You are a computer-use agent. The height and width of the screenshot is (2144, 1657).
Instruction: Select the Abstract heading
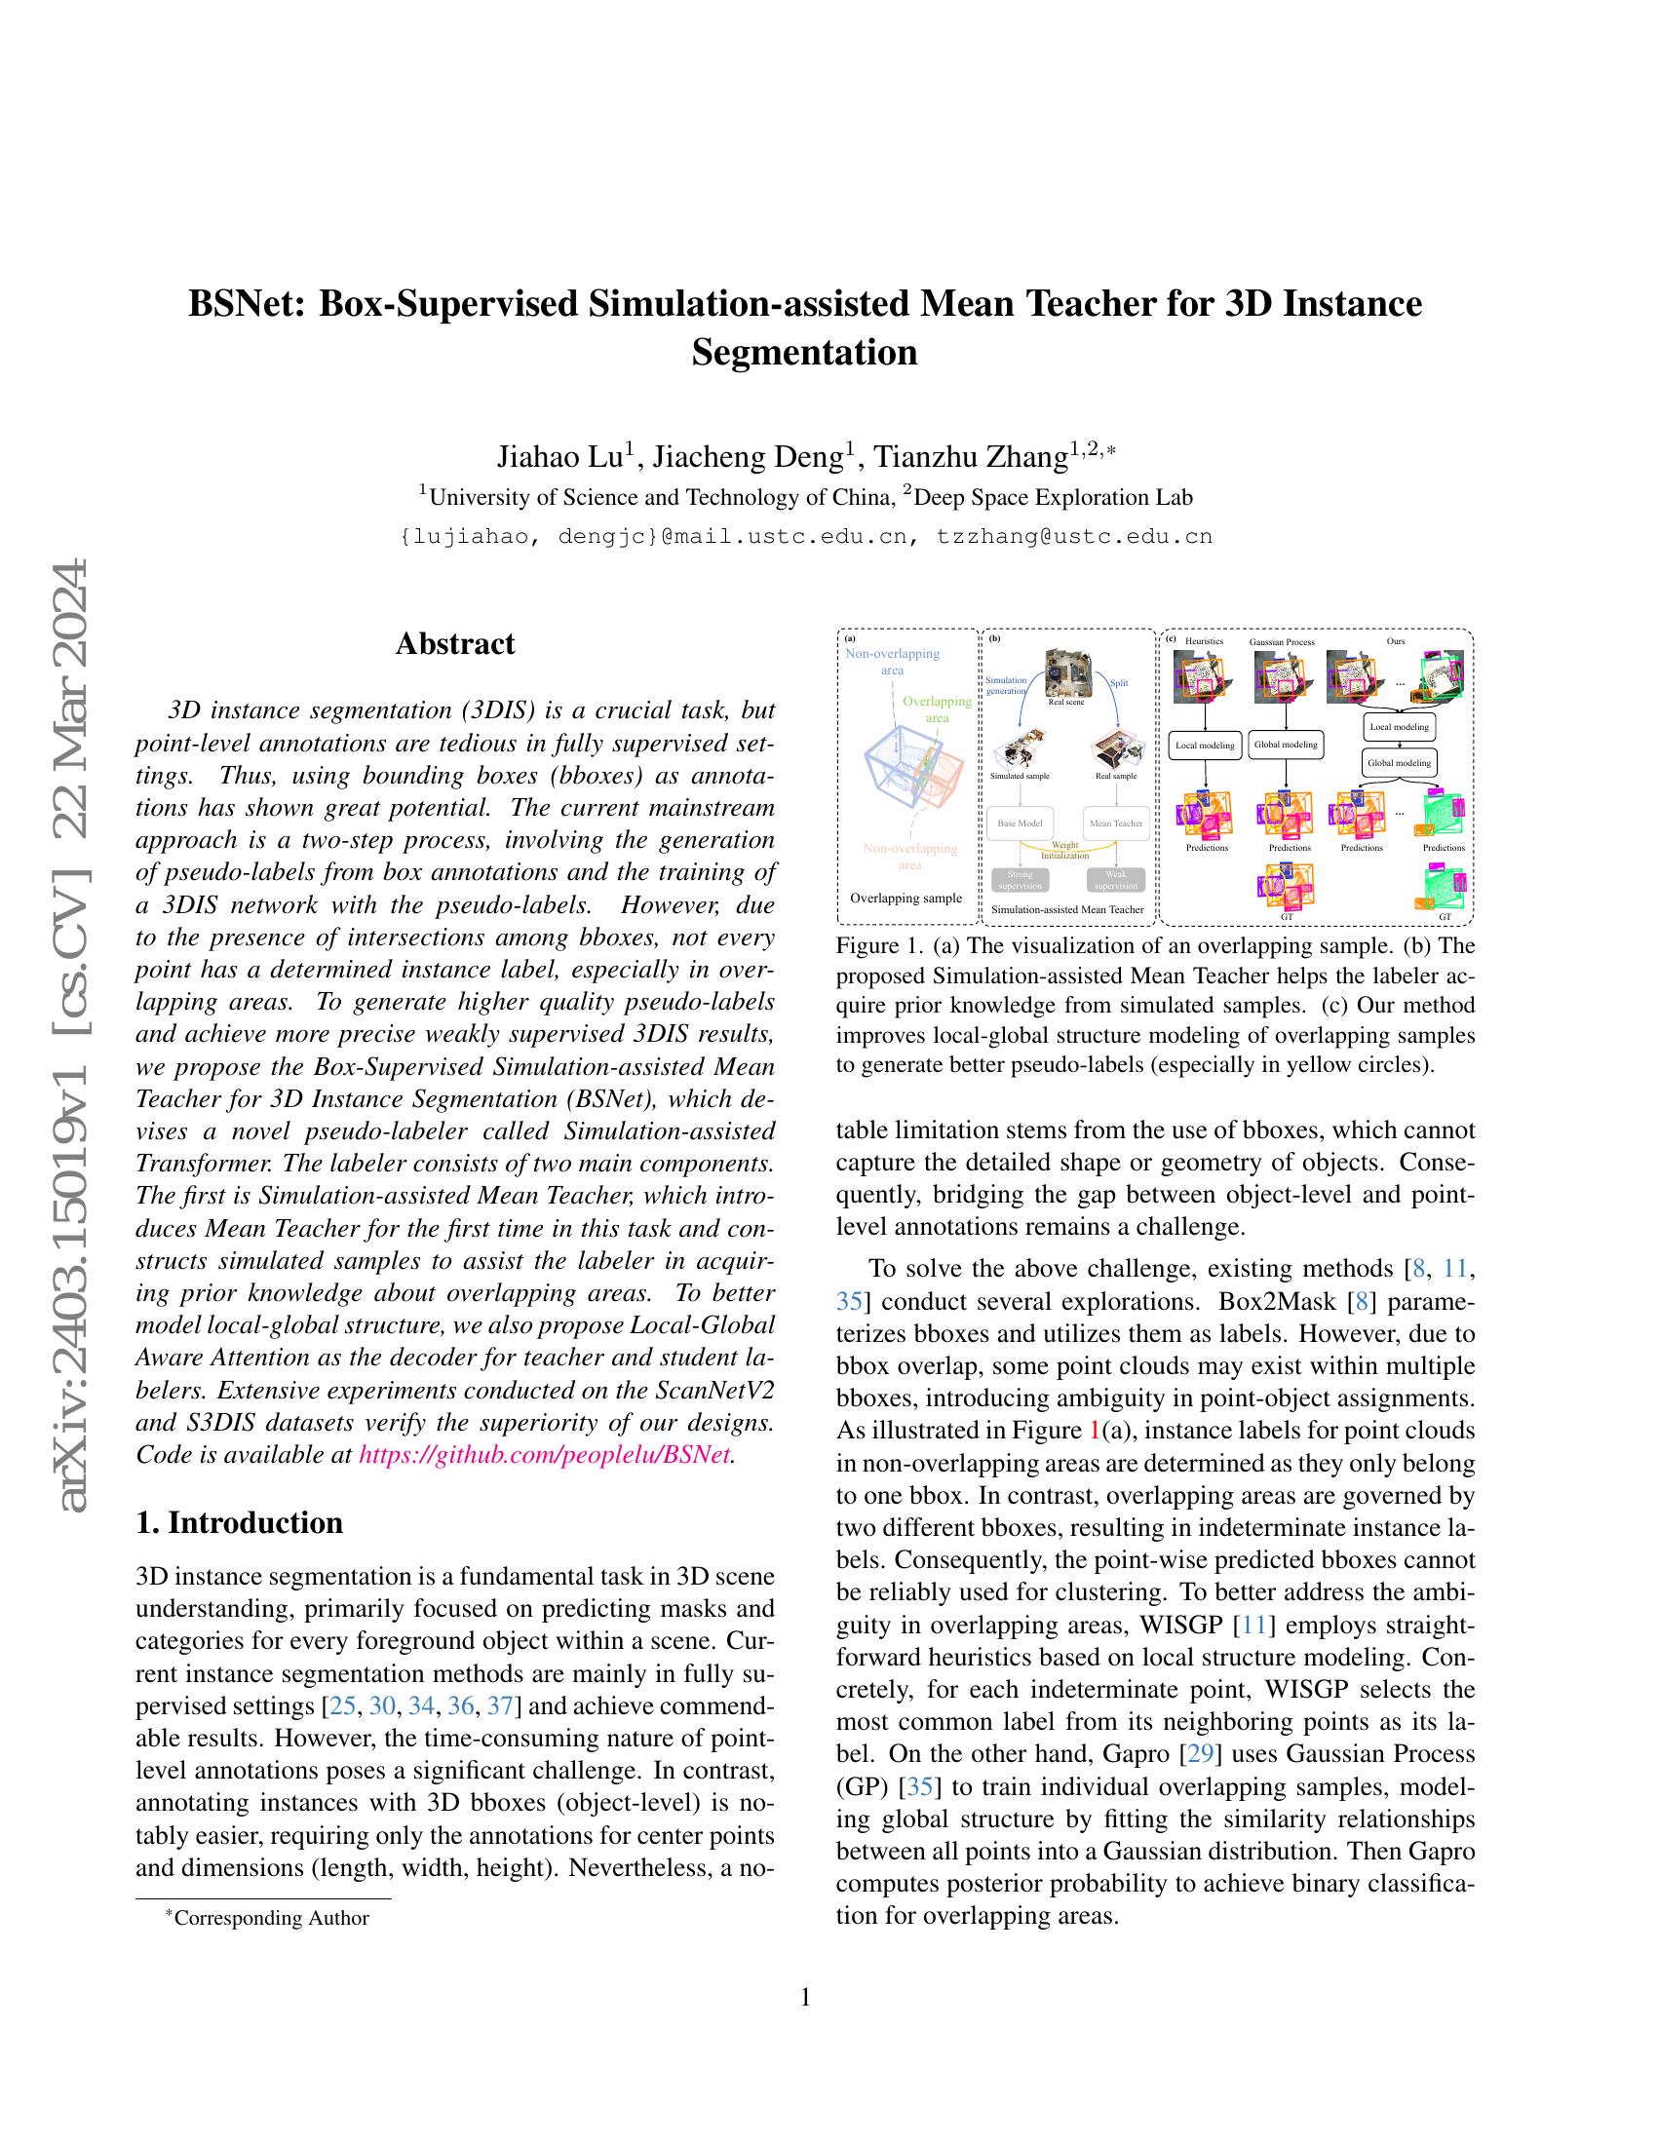point(454,644)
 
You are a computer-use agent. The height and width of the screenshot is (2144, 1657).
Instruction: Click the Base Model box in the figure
point(1020,823)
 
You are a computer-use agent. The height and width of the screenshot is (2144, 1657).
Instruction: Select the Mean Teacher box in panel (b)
point(1116,823)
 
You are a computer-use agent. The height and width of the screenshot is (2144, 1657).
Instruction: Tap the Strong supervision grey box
point(1020,880)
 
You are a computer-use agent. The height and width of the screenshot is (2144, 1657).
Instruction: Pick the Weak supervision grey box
point(1116,880)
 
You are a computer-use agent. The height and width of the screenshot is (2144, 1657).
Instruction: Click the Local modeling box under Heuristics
point(1205,746)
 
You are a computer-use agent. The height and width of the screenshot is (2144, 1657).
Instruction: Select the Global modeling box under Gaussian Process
point(1284,746)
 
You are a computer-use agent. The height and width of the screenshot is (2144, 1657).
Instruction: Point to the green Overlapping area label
point(937,708)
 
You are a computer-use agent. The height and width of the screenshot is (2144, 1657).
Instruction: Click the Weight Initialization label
point(1065,849)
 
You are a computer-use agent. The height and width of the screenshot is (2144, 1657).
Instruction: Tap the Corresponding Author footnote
point(271,1918)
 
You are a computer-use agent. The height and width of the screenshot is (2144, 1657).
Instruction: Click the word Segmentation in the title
point(804,351)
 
